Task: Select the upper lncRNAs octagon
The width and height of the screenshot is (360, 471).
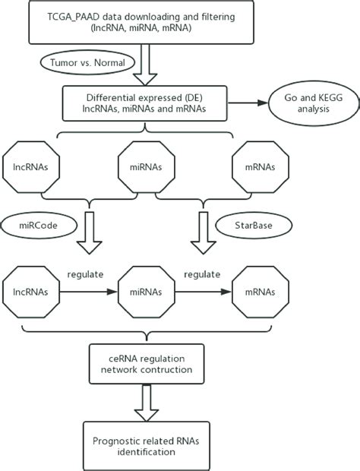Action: click(x=31, y=165)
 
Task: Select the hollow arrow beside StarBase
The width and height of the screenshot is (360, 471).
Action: click(x=201, y=232)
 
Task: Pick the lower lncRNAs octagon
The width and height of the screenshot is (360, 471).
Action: click(x=31, y=289)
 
